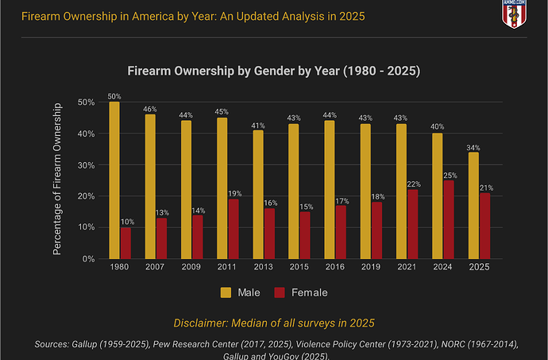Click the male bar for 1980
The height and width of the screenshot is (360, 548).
(114, 180)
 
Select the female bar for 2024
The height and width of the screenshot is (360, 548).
(449, 219)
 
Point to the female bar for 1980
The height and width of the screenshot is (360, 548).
(125, 243)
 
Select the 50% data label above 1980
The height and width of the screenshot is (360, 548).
(114, 95)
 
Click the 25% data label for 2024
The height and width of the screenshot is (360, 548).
(450, 175)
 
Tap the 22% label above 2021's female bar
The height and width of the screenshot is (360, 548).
(413, 184)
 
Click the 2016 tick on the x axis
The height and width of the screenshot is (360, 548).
(335, 267)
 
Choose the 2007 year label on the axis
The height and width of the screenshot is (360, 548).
(156, 267)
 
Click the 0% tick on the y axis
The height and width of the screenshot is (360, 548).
(88, 258)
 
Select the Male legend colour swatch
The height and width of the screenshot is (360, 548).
(225, 292)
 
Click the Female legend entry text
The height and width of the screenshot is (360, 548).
(310, 292)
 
